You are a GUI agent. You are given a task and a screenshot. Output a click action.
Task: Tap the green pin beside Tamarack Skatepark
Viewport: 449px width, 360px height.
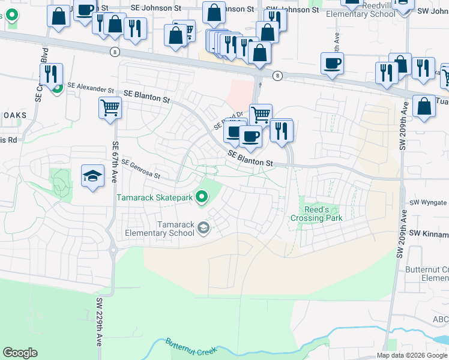click(x=202, y=196)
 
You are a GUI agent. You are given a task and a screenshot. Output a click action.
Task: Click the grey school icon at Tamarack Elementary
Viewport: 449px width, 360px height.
click(x=203, y=227)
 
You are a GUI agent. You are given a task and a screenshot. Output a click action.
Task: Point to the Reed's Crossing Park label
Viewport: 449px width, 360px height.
click(x=316, y=214)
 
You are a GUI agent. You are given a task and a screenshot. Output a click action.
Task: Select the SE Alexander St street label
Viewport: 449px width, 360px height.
click(x=91, y=88)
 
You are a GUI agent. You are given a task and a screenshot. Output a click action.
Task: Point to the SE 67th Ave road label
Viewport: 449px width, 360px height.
click(x=114, y=162)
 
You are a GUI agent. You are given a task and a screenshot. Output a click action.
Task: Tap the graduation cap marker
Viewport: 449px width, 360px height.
click(x=92, y=176)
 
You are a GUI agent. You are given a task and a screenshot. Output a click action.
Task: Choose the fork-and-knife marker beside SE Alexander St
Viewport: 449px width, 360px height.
click(x=52, y=74)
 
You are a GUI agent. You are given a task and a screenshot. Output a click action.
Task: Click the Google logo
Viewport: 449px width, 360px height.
click(x=20, y=353)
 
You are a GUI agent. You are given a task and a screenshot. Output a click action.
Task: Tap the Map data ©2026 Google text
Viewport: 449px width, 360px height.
click(x=411, y=355)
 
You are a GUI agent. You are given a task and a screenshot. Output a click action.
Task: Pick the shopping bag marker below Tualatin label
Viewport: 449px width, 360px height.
click(x=424, y=106)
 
